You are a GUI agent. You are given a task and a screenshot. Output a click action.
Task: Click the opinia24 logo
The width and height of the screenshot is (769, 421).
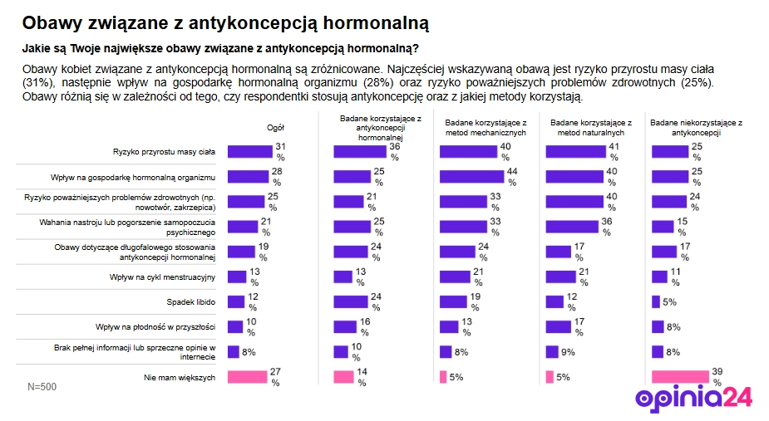click(693, 398)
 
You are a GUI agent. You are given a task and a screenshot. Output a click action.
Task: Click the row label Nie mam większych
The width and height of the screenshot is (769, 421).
click(180, 377)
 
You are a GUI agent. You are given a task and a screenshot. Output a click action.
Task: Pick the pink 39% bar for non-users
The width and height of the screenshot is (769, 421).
click(681, 377)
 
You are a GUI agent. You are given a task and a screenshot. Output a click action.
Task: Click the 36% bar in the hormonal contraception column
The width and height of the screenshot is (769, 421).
click(360, 151)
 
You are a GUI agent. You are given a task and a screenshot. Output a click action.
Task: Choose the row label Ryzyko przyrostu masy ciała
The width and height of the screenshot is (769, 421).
click(164, 151)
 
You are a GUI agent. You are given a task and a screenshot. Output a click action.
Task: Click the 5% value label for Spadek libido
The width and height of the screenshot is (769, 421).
click(668, 301)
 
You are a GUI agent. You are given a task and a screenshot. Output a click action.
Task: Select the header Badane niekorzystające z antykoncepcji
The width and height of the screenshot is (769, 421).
click(696, 127)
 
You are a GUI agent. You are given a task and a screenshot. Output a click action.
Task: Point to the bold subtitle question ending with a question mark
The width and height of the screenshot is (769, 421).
click(219, 48)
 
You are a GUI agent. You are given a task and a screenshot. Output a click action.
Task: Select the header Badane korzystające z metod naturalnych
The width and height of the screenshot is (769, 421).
click(591, 127)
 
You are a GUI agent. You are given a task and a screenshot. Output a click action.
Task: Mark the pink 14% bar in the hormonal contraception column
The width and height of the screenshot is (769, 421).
click(343, 377)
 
